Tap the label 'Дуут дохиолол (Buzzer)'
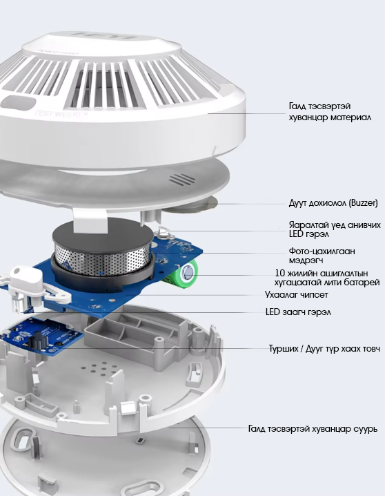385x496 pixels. [x=333, y=203]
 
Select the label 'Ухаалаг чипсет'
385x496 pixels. [x=297, y=295]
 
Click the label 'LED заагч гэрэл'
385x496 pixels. [x=298, y=312]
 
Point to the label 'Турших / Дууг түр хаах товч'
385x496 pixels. [x=324, y=349]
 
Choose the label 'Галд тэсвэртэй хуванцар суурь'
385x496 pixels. [x=313, y=429]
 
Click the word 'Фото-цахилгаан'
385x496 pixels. [x=322, y=251]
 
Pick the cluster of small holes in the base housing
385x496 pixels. [x=99, y=368]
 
